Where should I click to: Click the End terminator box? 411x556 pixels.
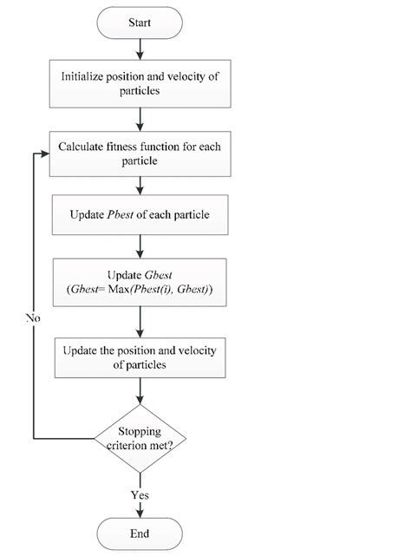(140, 533)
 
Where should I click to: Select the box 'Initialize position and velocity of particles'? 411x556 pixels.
(140, 84)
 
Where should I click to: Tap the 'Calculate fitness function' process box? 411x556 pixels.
(140, 154)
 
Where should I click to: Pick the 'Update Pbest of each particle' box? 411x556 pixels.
(140, 214)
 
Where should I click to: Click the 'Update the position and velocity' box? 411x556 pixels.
(140, 356)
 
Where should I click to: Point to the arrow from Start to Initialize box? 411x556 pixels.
(140, 50)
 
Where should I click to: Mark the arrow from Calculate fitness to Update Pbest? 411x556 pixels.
(140, 184)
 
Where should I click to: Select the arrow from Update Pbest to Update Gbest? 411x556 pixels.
(140, 246)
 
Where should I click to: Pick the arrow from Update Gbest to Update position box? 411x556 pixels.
(140, 320)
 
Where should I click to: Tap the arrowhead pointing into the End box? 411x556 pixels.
(140, 513)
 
